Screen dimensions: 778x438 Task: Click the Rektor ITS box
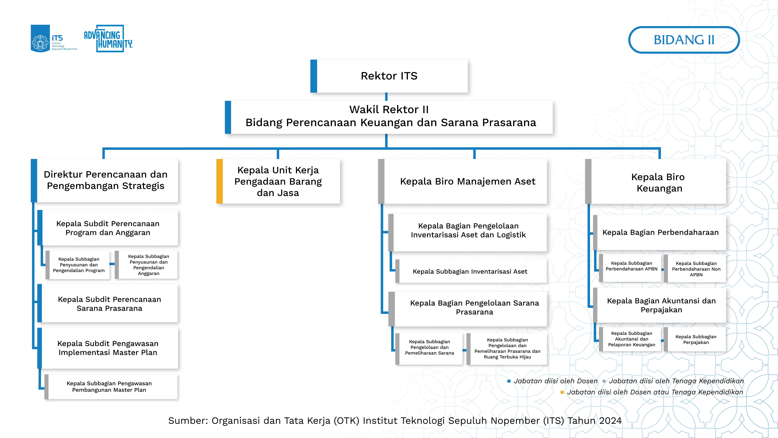click(389, 76)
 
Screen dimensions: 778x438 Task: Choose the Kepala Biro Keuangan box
click(656, 181)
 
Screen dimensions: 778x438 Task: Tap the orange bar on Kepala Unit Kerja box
click(220, 181)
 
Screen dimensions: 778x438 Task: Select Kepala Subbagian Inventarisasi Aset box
click(471, 271)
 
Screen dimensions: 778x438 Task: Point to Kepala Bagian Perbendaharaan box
click(660, 232)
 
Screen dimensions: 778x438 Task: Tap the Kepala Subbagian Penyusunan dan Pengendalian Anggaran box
click(146, 265)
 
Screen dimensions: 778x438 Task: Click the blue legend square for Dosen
click(509, 381)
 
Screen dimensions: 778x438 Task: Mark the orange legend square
click(562, 392)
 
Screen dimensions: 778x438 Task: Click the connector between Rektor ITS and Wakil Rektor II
click(386, 97)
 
